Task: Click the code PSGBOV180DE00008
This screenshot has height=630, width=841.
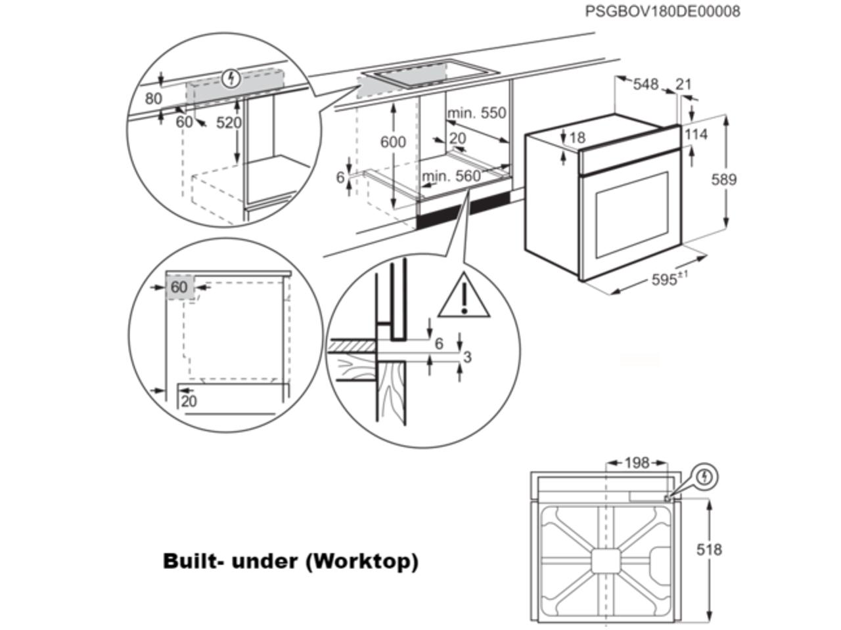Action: coord(662,11)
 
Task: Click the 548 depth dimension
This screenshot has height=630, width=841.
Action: coord(646,84)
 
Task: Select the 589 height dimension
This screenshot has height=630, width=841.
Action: coord(724,179)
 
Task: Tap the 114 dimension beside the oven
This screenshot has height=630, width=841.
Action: coord(696,135)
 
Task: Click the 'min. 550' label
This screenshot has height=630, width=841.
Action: coord(477,113)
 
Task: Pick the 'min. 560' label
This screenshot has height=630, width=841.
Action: coord(451,176)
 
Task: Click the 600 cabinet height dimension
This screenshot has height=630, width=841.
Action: coord(393,142)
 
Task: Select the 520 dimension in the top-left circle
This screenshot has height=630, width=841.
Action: coord(229,123)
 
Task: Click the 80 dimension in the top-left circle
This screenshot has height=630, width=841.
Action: coord(153,99)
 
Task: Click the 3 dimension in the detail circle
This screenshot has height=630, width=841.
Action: coord(467,357)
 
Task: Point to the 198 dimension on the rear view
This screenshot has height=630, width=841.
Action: coord(636,463)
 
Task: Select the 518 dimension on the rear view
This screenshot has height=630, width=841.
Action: coord(709,549)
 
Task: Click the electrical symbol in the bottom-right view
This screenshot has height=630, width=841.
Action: coord(705,476)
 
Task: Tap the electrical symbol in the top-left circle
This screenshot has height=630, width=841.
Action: coord(230,79)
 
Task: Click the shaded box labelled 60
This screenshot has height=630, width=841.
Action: coord(179,287)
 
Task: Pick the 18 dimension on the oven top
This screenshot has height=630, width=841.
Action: coord(577,138)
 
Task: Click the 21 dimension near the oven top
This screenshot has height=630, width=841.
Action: coord(684,84)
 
